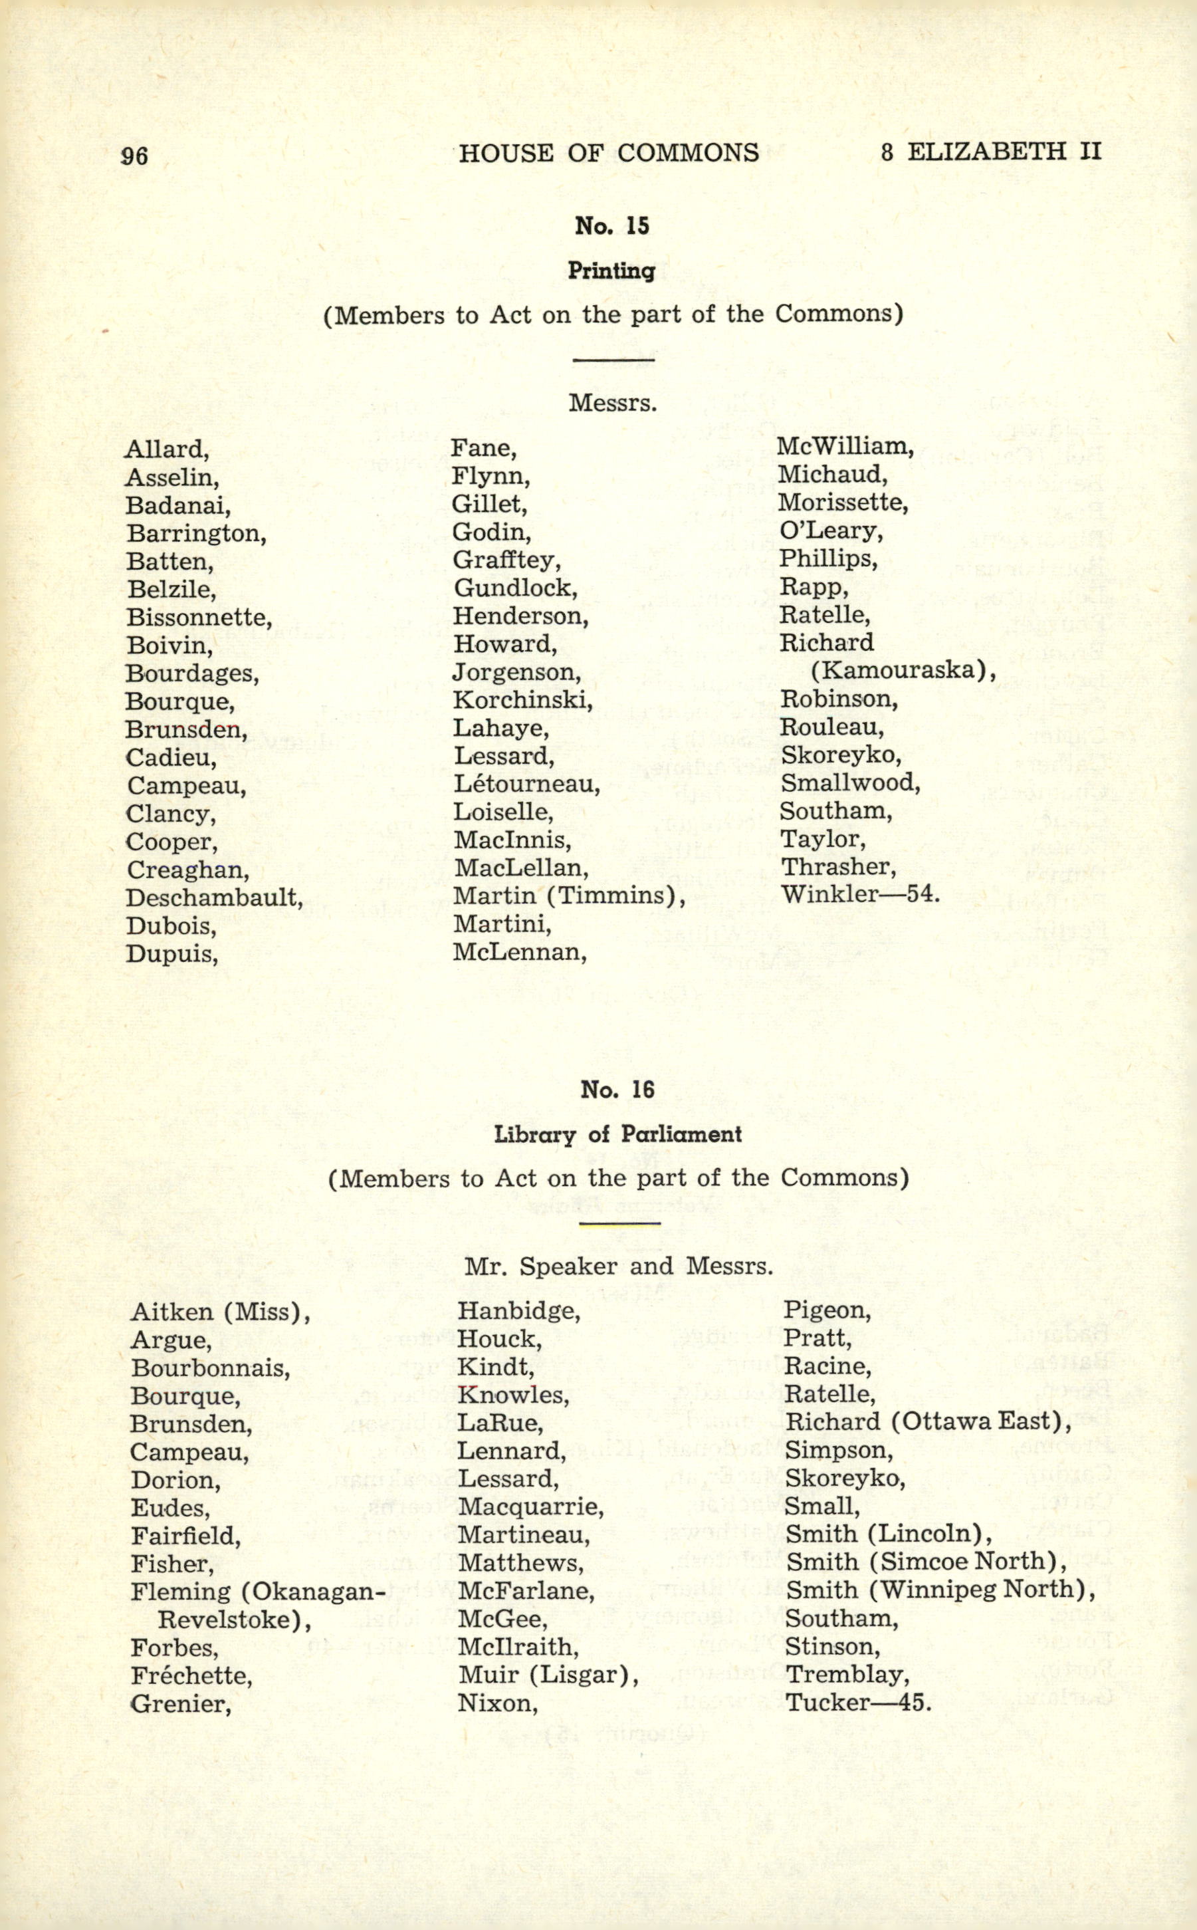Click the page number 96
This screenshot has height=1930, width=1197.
coord(134,155)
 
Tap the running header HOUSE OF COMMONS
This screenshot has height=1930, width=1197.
coord(608,152)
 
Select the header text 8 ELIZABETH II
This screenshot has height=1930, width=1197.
coord(990,152)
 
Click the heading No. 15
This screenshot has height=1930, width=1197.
coord(611,227)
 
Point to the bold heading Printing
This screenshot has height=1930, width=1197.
coord(611,272)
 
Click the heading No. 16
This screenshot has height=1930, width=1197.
coord(617,1090)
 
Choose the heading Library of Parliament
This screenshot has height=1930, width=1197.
coord(617,1134)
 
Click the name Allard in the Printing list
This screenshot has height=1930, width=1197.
coord(166,450)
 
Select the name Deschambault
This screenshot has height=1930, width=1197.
coord(214,898)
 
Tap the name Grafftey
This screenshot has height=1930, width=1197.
coord(506,560)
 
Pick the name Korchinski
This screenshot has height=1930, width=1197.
coord(522,701)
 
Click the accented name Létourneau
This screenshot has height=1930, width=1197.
coord(526,784)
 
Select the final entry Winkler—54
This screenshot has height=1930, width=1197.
coord(861,895)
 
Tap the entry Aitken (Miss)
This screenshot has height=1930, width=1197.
coord(220,1312)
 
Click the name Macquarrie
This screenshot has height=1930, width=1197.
coord(530,1507)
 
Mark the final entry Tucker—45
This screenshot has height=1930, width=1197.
coord(858,1702)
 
